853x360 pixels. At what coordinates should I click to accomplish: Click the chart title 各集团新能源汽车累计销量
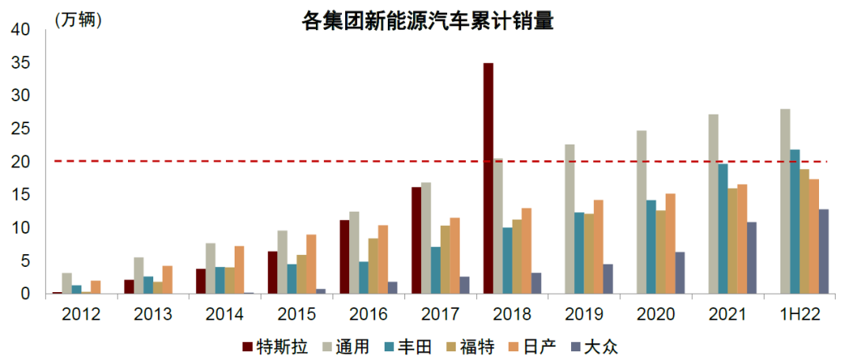[427, 21]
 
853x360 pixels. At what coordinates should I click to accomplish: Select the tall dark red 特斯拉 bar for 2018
[488, 178]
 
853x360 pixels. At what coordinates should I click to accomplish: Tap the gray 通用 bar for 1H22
[784, 201]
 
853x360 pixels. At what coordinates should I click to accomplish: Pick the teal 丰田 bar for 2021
[722, 229]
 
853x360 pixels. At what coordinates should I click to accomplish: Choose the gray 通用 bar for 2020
[641, 212]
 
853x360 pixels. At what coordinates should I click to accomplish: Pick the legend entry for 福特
[473, 346]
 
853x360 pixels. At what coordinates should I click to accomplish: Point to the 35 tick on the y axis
[19, 63]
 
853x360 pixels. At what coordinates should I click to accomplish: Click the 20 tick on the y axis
[19, 162]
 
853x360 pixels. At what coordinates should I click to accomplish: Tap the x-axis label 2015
[295, 314]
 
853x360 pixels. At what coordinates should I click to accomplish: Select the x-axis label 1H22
[799, 314]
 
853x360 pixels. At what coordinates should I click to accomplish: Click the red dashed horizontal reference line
[316, 161]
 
